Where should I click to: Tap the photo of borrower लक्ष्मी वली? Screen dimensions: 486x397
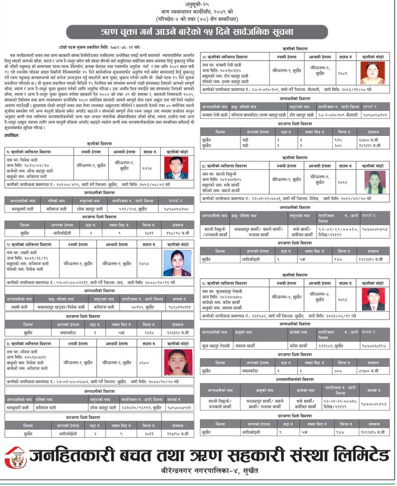[176, 263]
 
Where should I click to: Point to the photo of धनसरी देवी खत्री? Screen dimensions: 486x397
[372, 73]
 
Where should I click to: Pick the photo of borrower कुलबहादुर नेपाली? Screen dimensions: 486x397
[373, 299]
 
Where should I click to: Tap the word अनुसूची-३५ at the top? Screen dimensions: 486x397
[198, 4]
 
